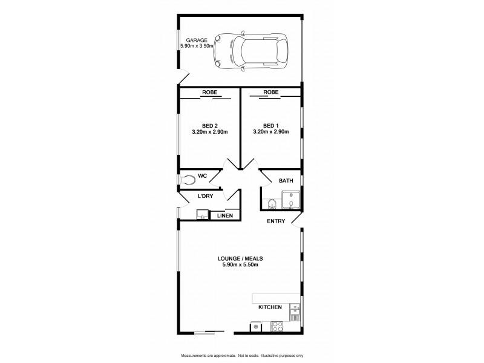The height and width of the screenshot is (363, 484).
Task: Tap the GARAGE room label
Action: click(197, 40)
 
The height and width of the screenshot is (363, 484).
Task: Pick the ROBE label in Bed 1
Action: click(271, 93)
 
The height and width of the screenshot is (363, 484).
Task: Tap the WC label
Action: click(203, 175)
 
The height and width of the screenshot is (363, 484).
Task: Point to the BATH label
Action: click(286, 181)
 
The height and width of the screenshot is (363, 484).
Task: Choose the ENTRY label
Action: click(276, 221)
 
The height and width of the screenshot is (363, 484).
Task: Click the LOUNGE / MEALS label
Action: click(240, 258)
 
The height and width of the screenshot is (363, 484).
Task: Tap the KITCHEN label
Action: click(270, 307)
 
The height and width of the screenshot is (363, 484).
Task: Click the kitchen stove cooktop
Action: click(278, 326)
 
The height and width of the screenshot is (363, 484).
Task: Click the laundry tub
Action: click(200, 214)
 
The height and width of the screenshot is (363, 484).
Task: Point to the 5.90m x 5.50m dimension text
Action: click(240, 265)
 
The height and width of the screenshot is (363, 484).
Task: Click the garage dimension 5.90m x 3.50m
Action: click(197, 46)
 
